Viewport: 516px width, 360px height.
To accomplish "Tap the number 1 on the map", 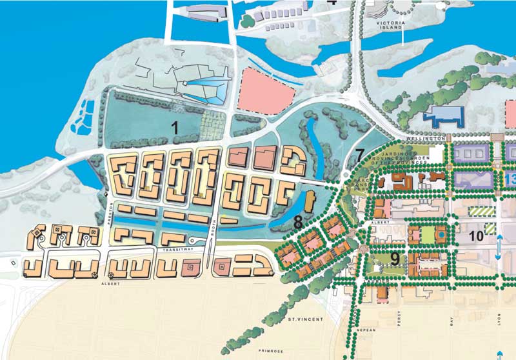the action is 174,127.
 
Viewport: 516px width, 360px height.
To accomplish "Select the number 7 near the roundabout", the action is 359,155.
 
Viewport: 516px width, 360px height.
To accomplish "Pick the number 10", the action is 476,237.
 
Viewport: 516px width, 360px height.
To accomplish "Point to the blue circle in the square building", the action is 440,235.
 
